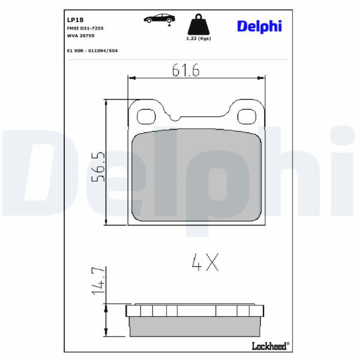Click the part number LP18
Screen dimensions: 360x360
[x=75, y=20]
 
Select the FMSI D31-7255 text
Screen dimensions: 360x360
[x=85, y=28]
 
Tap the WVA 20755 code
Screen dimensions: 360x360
[x=80, y=35]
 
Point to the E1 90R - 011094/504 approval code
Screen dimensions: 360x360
[x=92, y=50]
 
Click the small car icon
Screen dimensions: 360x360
[x=160, y=19]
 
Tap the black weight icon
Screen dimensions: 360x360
[x=199, y=25]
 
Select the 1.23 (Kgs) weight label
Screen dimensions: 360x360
[x=199, y=38]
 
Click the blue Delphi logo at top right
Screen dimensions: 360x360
[x=259, y=26]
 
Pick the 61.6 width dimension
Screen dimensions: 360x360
[x=186, y=70]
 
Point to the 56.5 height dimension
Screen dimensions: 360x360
[x=98, y=167]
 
